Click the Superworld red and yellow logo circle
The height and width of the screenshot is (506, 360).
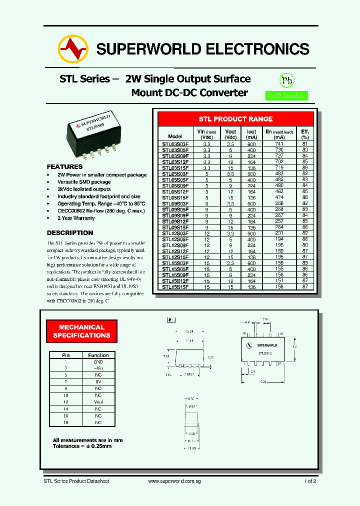coord(73,48)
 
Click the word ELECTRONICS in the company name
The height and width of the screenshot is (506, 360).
coord(257,49)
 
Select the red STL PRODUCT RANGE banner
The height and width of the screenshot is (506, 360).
coord(235,119)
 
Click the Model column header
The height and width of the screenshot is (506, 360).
coord(175,136)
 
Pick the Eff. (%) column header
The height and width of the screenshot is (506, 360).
coord(305,134)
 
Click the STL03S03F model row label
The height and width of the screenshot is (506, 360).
coord(175,143)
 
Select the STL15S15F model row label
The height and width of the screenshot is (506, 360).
coord(175,287)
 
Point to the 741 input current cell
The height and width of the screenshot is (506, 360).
coord(279,143)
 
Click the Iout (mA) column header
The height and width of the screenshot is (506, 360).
coord(251,134)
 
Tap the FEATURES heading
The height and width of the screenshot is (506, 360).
coord(64,166)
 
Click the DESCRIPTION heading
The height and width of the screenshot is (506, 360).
coord(70,232)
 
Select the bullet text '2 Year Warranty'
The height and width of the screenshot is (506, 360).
coord(76,218)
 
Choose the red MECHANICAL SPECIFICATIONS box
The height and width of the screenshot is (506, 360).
coord(81,331)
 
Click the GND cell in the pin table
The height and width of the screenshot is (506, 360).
coord(98,361)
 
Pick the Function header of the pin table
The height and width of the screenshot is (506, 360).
coord(98,355)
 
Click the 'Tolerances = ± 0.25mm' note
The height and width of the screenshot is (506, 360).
coord(82,445)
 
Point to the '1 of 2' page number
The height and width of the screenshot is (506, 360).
coord(309,481)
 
